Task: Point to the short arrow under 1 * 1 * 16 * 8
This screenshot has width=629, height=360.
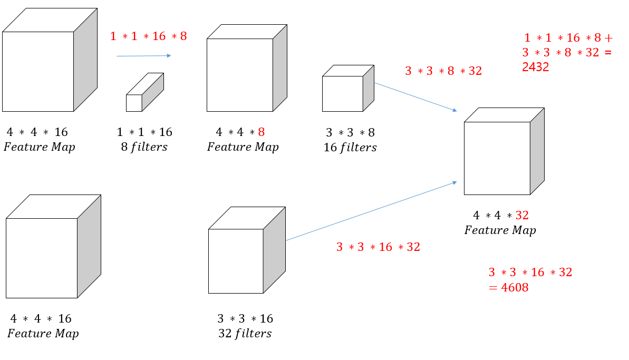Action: [x=143, y=55]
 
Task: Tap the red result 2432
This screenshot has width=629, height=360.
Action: [x=536, y=67]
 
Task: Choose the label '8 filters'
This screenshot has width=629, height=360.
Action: [x=144, y=147]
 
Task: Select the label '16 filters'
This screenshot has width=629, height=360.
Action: [x=350, y=148]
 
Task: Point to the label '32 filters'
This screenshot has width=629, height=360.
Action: [x=245, y=333]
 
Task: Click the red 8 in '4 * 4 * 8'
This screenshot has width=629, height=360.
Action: [x=261, y=132]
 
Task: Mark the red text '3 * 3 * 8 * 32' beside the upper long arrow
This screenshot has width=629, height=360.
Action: [x=443, y=71]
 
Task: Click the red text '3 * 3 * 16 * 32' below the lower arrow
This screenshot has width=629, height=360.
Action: [x=378, y=247]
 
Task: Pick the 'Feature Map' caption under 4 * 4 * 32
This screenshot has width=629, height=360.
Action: [x=500, y=230]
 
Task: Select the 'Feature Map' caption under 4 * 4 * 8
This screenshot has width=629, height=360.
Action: [x=243, y=147]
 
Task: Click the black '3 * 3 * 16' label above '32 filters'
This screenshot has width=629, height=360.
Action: [x=245, y=318]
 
